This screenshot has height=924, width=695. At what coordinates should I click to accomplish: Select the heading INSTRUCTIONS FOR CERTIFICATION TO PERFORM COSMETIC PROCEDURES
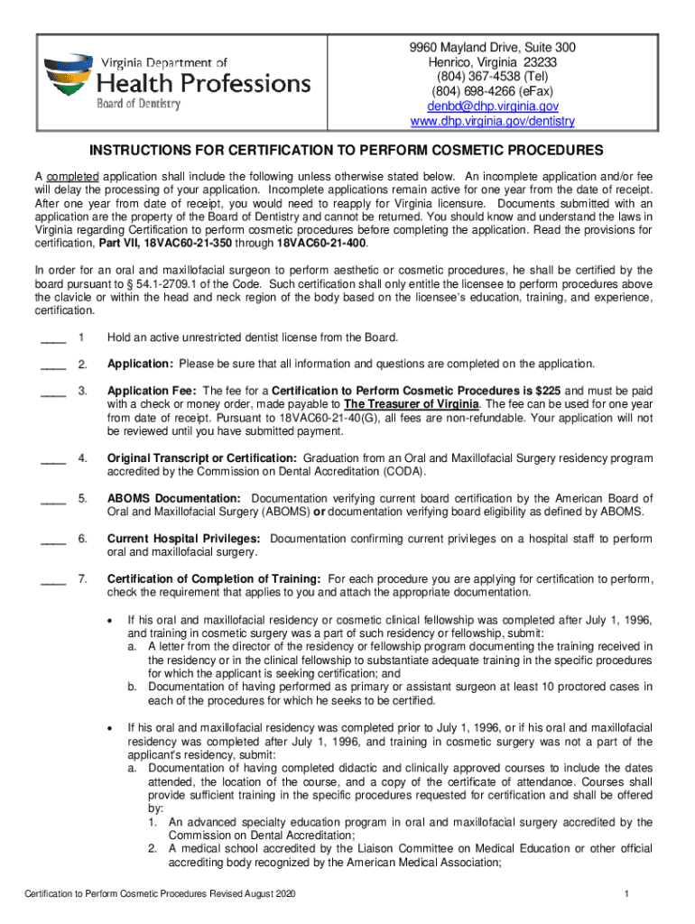click(347, 149)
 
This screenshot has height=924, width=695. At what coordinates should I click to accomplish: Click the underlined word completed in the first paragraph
click(73, 175)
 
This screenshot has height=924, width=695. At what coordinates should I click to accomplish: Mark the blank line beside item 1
click(53, 339)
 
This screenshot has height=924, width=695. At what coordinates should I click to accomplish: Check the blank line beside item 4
click(53, 460)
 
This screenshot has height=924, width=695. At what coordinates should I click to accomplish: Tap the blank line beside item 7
click(53, 580)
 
